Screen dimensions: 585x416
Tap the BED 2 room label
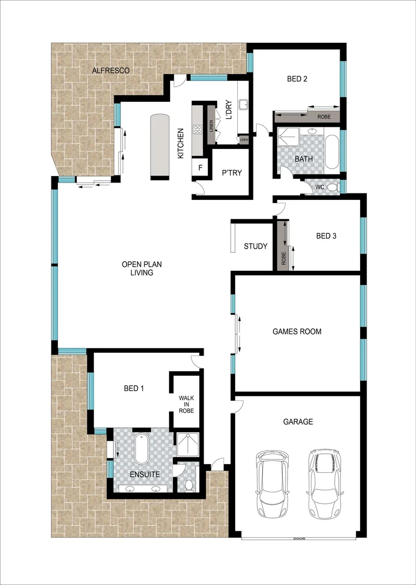point(297,79)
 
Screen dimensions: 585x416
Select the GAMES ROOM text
point(297,331)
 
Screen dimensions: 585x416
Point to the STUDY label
point(255,246)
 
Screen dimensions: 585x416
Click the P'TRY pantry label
point(232,173)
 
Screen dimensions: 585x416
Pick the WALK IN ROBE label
point(186,404)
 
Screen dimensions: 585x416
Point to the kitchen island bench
point(159,146)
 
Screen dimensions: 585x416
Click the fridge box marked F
point(200,167)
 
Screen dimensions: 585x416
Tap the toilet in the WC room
point(333,187)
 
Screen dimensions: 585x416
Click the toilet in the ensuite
point(189,484)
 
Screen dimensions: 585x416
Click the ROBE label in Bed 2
point(324,116)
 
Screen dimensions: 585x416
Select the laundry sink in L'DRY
point(243,103)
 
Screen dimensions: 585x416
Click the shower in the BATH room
point(288,138)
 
